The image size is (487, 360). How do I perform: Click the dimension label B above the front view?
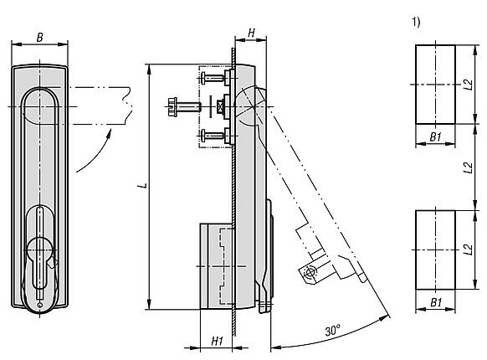coord(40,38)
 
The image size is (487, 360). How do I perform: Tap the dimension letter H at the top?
coord(252,33)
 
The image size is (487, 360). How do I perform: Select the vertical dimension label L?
coord(142,186)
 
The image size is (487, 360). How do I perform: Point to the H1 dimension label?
coord(218,341)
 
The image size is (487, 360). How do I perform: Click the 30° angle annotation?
coord(333,330)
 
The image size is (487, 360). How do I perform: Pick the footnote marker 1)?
coord(416,22)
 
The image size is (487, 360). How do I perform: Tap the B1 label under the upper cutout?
coord(436,136)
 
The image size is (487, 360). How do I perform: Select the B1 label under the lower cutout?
coord(436,302)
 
